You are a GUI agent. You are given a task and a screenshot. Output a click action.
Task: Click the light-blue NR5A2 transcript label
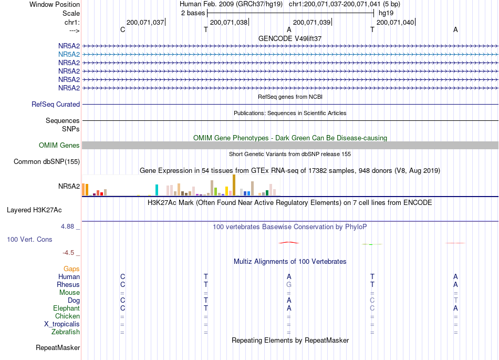point(69,55)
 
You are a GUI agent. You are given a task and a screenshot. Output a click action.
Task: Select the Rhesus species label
point(68,284)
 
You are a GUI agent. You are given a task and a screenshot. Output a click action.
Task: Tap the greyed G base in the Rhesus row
point(289,284)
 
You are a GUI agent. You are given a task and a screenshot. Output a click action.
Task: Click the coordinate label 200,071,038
point(228,22)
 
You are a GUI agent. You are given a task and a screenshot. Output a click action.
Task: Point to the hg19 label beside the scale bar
point(386,13)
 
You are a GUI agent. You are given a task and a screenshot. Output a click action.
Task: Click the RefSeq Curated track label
point(56,105)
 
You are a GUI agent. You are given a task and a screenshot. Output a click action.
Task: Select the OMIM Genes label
point(59,146)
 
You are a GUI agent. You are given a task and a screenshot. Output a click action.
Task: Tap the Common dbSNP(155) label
point(47,162)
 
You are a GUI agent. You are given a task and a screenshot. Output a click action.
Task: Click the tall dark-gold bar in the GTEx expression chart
point(234,185)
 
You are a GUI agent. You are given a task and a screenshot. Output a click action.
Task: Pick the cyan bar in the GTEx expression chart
point(157,190)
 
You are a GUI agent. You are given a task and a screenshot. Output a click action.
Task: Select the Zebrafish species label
point(66,332)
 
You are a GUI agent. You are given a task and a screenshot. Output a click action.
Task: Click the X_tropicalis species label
point(62,324)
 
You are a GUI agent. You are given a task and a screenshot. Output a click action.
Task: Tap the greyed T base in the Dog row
point(456,300)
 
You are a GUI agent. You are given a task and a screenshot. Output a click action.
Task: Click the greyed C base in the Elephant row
point(372,308)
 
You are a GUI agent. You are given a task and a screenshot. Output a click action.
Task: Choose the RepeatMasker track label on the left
point(58,347)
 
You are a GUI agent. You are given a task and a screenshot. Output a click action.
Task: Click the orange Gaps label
point(71,269)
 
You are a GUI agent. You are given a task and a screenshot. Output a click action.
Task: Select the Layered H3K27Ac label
point(34,210)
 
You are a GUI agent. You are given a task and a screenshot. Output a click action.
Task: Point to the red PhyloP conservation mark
point(289,243)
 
